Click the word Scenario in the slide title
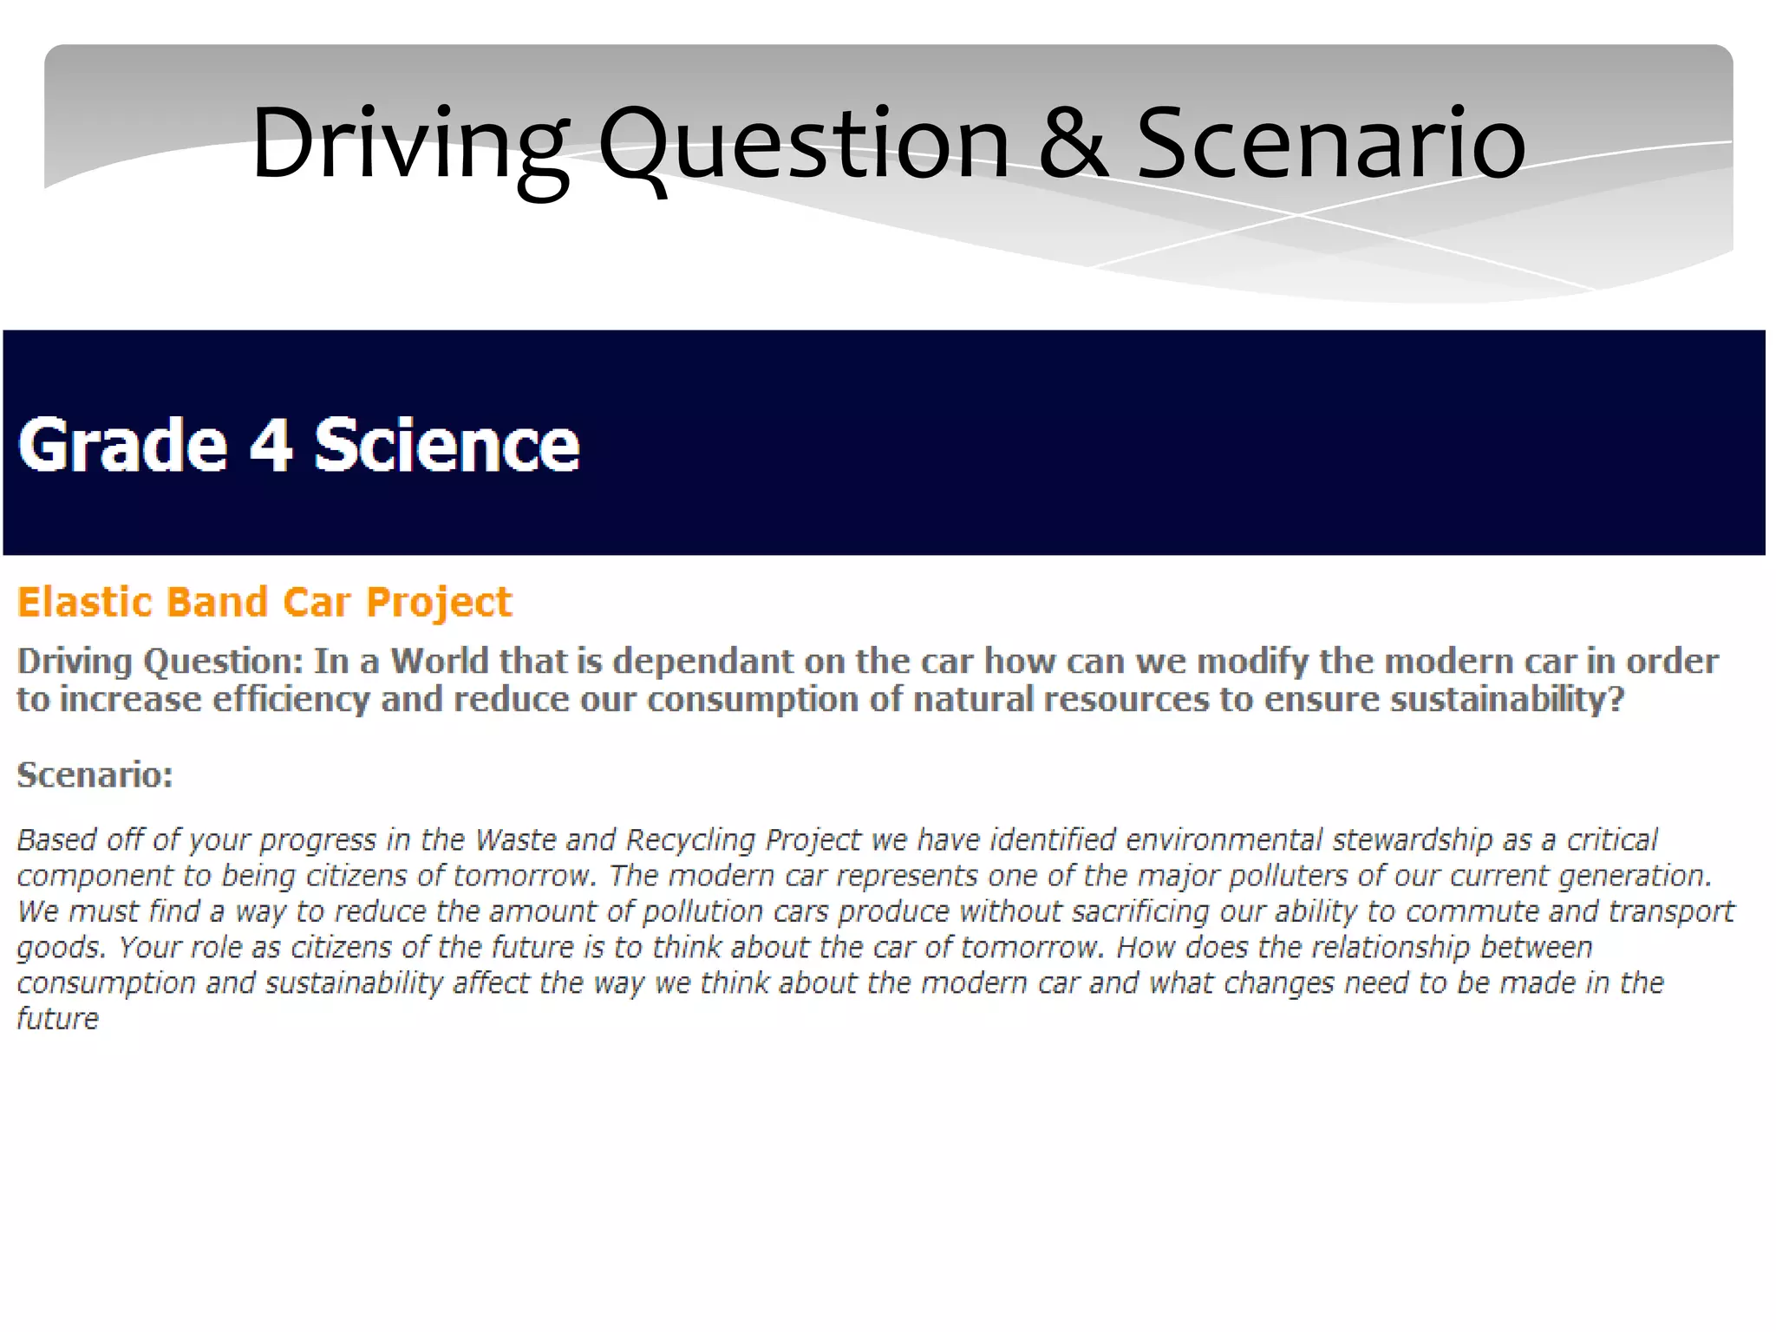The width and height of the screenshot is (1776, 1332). pos(1330,144)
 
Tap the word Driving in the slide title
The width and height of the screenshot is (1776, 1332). pos(409,144)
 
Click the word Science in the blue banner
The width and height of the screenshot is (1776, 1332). pos(446,445)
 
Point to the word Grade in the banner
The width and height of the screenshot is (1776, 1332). pos(122,445)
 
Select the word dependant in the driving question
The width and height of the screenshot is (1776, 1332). pos(702,661)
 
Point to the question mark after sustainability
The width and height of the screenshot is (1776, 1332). pos(1616,699)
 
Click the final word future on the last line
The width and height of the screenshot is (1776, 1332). pos(58,1018)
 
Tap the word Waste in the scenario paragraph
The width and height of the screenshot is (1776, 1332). pos(517,839)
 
